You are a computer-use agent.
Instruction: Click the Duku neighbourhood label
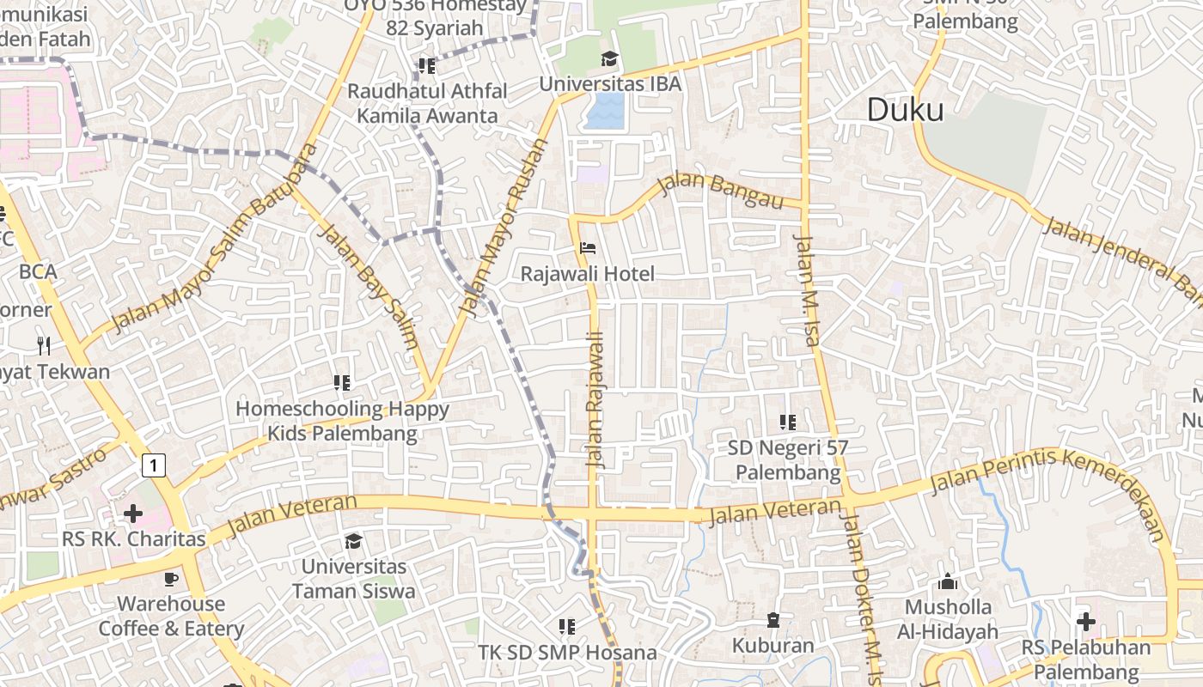pyautogui.click(x=905, y=110)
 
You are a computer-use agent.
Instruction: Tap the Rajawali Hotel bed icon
pyautogui.click(x=589, y=248)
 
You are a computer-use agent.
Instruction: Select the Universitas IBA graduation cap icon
pyautogui.click(x=609, y=58)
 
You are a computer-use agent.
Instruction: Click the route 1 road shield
pyautogui.click(x=153, y=465)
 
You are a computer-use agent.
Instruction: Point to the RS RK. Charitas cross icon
pyautogui.click(x=133, y=514)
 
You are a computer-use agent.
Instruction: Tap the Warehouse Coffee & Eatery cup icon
pyautogui.click(x=171, y=579)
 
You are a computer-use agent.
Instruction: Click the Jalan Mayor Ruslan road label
pyautogui.click(x=504, y=228)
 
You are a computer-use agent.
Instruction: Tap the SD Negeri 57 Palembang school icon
pyautogui.click(x=787, y=422)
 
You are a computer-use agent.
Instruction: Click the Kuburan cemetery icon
pyautogui.click(x=773, y=620)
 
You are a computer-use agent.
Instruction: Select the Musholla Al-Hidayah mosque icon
pyautogui.click(x=948, y=581)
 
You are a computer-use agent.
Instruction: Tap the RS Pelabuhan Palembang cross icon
pyautogui.click(x=1086, y=621)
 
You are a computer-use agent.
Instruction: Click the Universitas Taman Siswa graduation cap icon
pyautogui.click(x=353, y=541)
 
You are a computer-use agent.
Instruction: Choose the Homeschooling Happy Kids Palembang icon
pyautogui.click(x=342, y=382)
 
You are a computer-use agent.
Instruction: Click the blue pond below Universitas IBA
pyautogui.click(x=606, y=111)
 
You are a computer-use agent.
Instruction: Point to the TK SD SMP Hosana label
pyautogui.click(x=568, y=653)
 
